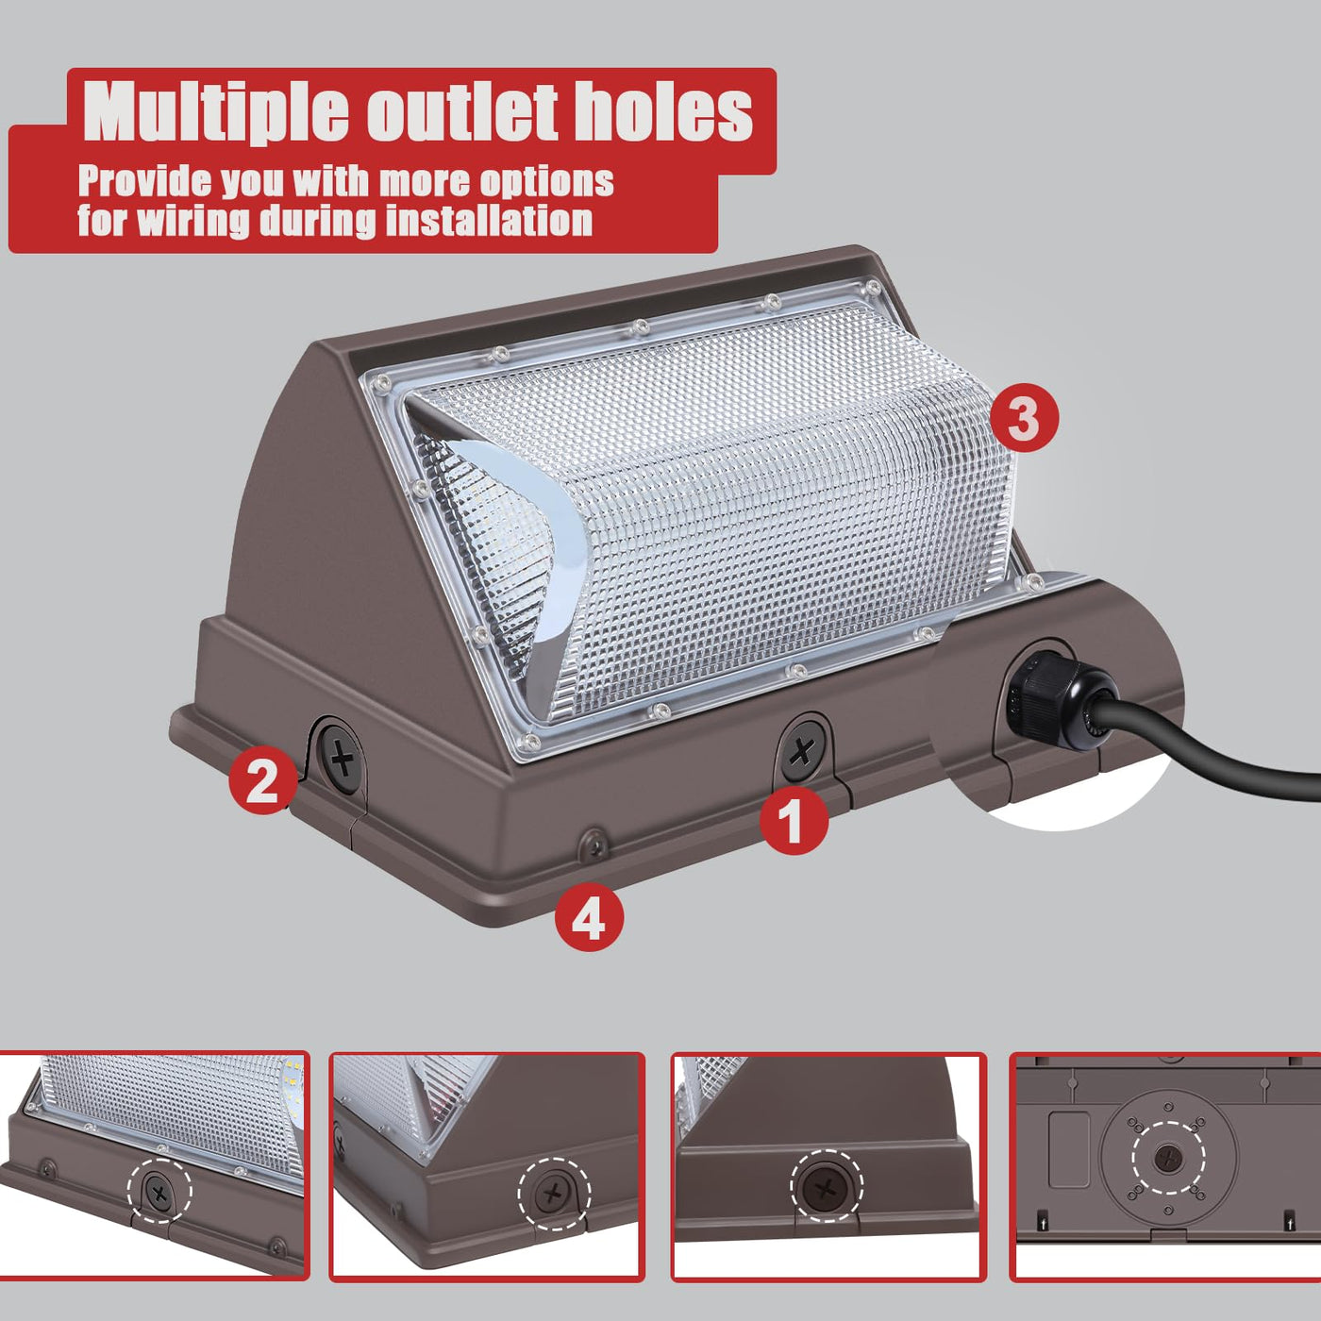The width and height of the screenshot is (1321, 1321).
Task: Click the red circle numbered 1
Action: point(794,820)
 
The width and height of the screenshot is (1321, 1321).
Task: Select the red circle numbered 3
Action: point(1024,417)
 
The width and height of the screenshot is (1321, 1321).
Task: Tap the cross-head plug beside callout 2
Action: point(342,758)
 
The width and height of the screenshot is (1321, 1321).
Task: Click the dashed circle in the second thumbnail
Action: point(554,1195)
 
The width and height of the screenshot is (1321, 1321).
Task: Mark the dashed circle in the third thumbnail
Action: point(827,1186)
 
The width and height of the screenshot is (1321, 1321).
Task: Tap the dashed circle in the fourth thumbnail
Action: point(1168,1159)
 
